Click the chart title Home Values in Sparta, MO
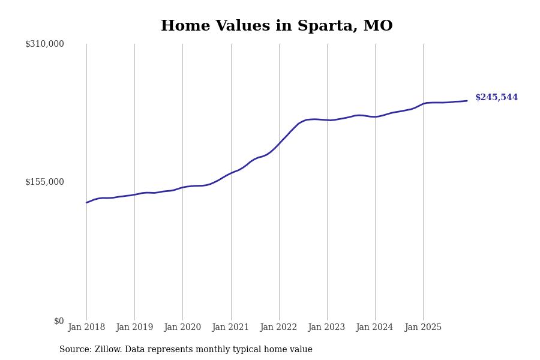pyautogui.click(x=277, y=26)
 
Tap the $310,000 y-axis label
pyautogui.click(x=44, y=44)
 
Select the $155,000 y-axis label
pyautogui.click(x=44, y=182)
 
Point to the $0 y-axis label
pyautogui.click(x=59, y=321)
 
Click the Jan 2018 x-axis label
pyautogui.click(x=86, y=328)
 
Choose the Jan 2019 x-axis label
pyautogui.click(x=134, y=328)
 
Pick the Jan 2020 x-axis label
pyautogui.click(x=182, y=328)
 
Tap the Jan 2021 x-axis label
pyautogui.click(x=230, y=328)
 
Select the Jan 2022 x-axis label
pyautogui.click(x=278, y=328)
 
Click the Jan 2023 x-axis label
pyautogui.click(x=326, y=328)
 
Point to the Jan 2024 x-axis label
pyautogui.click(x=374, y=328)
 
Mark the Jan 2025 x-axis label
pyautogui.click(x=423, y=328)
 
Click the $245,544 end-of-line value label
pyautogui.click(x=496, y=98)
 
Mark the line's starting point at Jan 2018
pyautogui.click(x=86, y=202)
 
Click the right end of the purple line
pyautogui.click(x=467, y=101)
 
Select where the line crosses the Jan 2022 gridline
pyautogui.click(x=279, y=144)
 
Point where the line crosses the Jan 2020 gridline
pyautogui.click(x=182, y=187)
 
